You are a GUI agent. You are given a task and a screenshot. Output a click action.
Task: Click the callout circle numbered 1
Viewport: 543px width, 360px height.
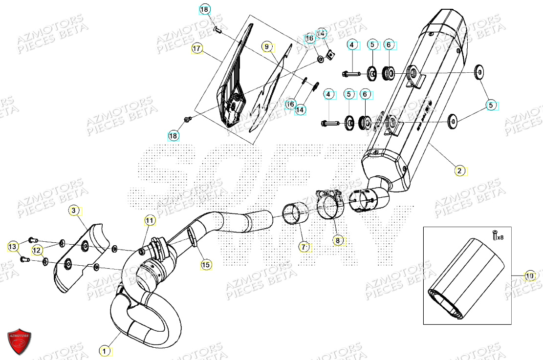[104, 350]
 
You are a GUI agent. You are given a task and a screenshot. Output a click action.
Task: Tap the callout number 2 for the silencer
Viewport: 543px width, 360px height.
[459, 170]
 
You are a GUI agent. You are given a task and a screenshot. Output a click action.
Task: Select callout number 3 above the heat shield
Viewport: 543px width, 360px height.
[74, 211]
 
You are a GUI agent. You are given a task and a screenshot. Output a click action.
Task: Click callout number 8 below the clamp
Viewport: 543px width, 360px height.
[338, 240]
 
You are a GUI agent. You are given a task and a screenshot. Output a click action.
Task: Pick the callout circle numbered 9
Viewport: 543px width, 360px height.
[267, 47]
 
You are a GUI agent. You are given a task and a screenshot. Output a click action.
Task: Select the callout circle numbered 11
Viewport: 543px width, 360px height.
[150, 221]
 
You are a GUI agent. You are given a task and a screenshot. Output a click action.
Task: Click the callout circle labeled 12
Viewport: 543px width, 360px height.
[37, 250]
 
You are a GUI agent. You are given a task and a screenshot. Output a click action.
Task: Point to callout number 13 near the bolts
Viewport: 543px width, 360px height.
[13, 248]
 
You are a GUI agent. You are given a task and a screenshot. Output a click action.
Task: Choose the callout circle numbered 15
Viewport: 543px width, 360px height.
[206, 265]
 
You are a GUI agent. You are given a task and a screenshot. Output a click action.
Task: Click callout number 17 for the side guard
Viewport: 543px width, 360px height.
[197, 49]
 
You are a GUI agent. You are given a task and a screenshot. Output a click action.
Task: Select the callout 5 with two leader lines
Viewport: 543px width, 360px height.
[491, 104]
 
